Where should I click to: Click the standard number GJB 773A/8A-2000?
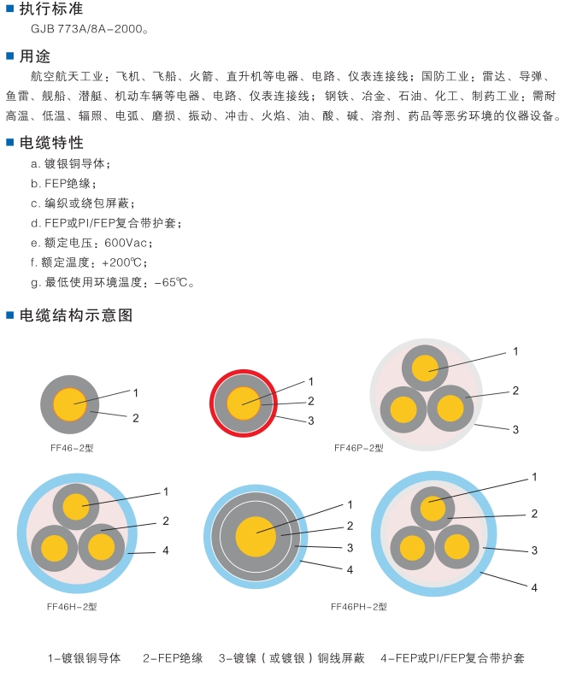click(x=89, y=29)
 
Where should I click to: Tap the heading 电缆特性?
click(x=51, y=143)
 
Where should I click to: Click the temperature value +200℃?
click(x=124, y=262)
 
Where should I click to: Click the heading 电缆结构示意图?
click(x=76, y=315)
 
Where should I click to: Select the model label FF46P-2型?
click(x=358, y=447)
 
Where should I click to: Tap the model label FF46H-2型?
click(x=72, y=606)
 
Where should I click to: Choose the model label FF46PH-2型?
click(x=359, y=606)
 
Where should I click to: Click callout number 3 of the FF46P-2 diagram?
click(x=515, y=429)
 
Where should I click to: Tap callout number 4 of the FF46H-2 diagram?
click(x=166, y=550)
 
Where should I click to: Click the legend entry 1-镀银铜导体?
click(x=84, y=658)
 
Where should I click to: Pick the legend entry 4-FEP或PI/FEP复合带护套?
click(x=452, y=658)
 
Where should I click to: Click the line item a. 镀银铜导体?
click(x=70, y=164)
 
